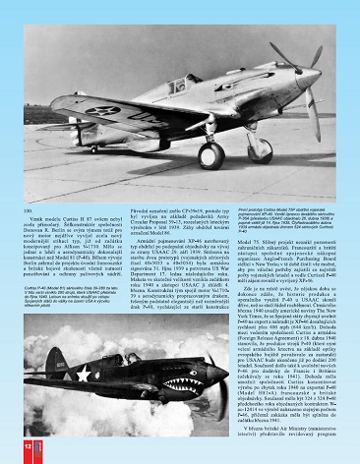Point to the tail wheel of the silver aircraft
point(94,149)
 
